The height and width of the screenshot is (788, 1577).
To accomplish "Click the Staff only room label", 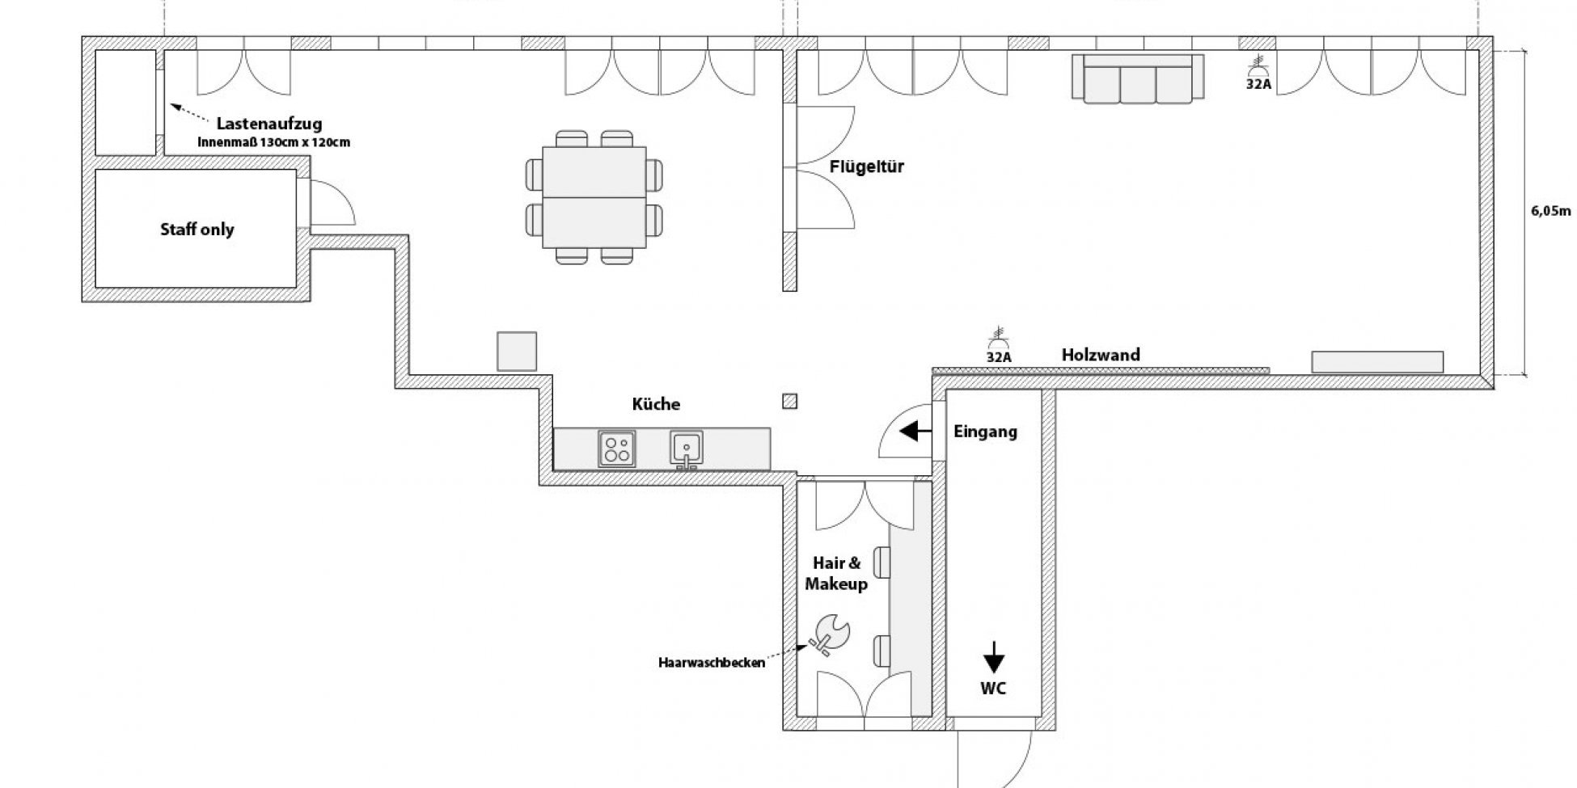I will pyautogui.click(x=197, y=230).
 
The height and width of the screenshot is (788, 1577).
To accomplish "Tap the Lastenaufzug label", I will pyautogui.click(x=268, y=124).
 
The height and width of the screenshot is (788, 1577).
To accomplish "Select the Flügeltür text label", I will pyautogui.click(x=866, y=167).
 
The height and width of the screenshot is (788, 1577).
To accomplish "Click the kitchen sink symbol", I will pyautogui.click(x=686, y=448).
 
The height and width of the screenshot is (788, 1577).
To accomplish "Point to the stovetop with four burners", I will pyautogui.click(x=616, y=448).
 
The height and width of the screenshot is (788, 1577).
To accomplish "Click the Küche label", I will pyautogui.click(x=656, y=404).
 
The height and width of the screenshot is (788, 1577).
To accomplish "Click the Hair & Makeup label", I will pyautogui.click(x=836, y=574).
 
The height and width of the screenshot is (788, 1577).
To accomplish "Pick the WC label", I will pyautogui.click(x=993, y=688).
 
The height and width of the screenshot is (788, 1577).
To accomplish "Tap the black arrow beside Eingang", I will pyautogui.click(x=915, y=432).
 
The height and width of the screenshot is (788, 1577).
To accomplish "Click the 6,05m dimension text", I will pyautogui.click(x=1550, y=212).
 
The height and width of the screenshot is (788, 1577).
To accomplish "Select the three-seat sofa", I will pyautogui.click(x=1138, y=78).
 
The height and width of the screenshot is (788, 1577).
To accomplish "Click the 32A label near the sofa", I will pyautogui.click(x=1258, y=82).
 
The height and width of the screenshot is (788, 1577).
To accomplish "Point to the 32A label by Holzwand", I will pyautogui.click(x=999, y=356).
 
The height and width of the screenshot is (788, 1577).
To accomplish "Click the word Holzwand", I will pyautogui.click(x=1101, y=355).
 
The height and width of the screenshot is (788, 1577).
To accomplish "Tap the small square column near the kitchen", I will pyautogui.click(x=790, y=401).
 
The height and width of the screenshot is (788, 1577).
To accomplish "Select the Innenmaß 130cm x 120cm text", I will pyautogui.click(x=273, y=142).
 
